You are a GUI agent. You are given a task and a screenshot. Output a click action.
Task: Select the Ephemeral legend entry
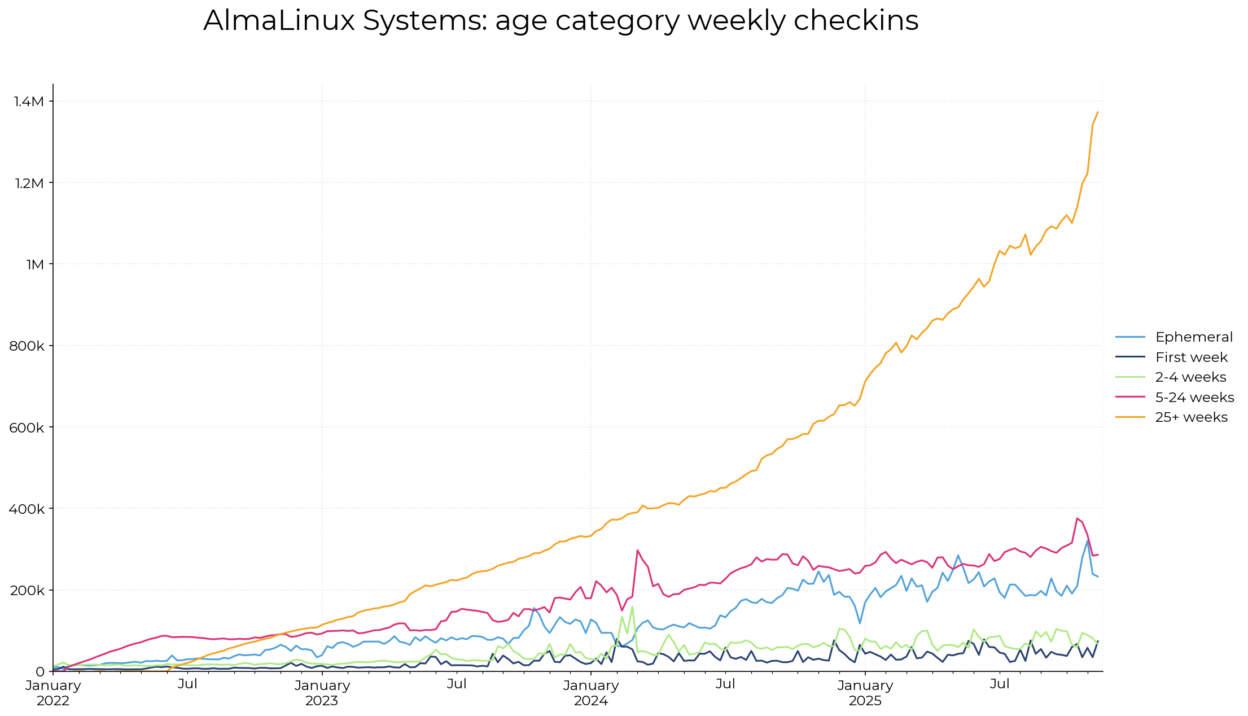click(1193, 337)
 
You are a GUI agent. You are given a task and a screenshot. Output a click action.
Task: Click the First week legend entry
click(1191, 357)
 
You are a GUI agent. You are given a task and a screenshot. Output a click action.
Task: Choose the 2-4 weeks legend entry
click(1190, 377)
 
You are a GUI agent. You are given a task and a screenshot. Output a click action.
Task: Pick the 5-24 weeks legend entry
click(1194, 398)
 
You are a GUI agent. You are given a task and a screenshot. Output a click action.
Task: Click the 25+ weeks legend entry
click(1191, 417)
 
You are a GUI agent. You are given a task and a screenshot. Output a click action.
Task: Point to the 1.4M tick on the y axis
click(29, 102)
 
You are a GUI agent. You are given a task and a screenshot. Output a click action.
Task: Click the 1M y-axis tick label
click(34, 264)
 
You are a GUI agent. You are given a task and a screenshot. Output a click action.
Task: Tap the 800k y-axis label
click(27, 346)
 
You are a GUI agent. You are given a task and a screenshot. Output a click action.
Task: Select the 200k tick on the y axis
click(27, 591)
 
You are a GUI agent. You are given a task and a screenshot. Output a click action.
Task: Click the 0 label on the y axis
click(40, 672)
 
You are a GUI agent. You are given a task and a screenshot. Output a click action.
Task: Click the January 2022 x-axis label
click(53, 693)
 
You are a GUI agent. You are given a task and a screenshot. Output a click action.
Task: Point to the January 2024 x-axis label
click(591, 693)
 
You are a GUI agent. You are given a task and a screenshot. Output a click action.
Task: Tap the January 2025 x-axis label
click(865, 693)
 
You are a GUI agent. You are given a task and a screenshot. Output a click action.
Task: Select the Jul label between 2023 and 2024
click(457, 684)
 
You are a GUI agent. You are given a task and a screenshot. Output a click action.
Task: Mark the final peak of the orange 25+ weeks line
click(1097, 112)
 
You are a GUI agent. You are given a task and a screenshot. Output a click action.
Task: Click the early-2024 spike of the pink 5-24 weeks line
click(637, 550)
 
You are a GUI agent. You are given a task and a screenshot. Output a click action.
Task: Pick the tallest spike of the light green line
click(632, 606)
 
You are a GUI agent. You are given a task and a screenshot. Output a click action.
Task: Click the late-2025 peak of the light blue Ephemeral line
click(1088, 540)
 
